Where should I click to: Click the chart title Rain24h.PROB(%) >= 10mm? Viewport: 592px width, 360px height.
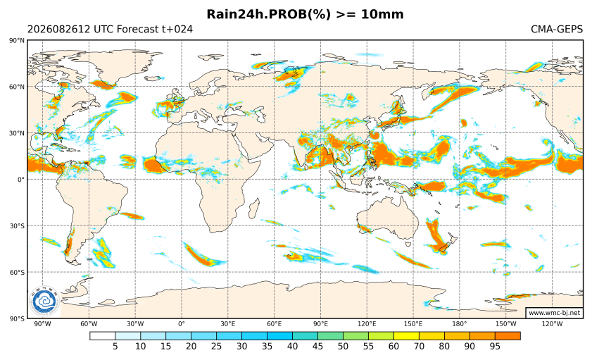(305, 14)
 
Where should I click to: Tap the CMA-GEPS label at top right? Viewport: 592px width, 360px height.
(557, 29)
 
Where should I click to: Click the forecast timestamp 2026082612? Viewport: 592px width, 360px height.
(59, 29)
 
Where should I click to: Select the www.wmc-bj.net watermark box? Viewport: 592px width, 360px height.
(554, 313)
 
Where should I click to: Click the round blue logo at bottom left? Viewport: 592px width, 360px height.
(44, 302)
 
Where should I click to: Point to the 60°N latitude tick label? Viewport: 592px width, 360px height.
(17, 87)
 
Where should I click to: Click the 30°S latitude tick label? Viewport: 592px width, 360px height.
(17, 226)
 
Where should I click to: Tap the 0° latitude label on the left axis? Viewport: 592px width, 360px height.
(21, 180)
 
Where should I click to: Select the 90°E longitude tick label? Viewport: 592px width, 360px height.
(320, 324)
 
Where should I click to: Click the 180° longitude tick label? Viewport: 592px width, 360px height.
(460, 324)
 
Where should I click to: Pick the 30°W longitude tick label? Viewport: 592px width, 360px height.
(135, 324)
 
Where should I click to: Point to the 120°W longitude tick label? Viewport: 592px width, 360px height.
(553, 324)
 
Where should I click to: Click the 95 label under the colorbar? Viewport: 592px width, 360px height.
(495, 347)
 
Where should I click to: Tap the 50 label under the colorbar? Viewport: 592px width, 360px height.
(344, 347)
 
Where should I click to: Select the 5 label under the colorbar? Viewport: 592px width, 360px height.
(115, 347)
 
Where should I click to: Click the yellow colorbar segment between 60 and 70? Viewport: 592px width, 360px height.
(406, 336)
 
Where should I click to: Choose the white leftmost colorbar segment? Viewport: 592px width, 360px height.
(102, 336)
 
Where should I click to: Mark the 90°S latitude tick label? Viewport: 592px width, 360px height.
(17, 318)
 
